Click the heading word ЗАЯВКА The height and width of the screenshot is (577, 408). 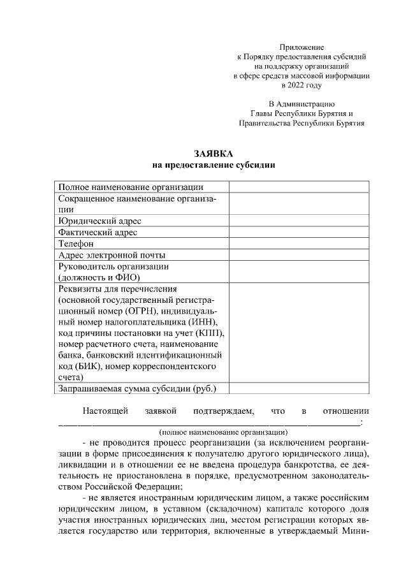click(x=214, y=154)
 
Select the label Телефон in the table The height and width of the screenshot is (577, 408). click(x=76, y=244)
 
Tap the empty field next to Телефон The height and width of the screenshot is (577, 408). click(x=298, y=244)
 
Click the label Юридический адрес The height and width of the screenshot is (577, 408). click(x=99, y=221)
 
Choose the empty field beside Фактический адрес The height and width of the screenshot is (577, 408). click(x=298, y=232)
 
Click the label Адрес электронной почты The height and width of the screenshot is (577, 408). click(x=112, y=255)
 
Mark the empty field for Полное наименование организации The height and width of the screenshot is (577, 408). click(x=298, y=187)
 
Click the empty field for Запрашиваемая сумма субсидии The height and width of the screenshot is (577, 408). click(x=298, y=388)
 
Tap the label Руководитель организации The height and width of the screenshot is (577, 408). click(x=113, y=267)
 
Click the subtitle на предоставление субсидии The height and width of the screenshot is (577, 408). click(x=214, y=166)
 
